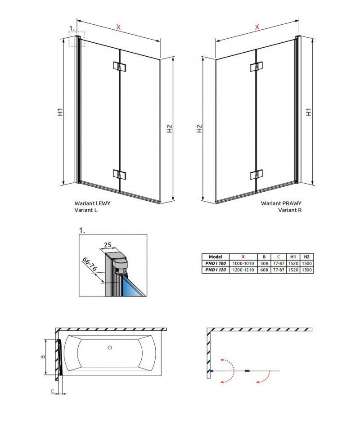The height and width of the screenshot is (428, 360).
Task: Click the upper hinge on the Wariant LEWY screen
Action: click(x=119, y=67)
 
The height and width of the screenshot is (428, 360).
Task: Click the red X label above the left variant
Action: click(x=118, y=27)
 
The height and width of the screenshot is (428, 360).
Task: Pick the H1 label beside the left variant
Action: click(x=60, y=112)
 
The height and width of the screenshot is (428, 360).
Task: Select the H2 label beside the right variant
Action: click(x=199, y=129)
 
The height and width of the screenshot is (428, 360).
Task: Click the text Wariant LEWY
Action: click(x=92, y=203)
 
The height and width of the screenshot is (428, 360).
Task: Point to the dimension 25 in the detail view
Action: click(x=107, y=245)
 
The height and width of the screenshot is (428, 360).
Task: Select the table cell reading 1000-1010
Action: click(x=243, y=263)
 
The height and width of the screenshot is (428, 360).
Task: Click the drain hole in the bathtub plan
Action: click(x=109, y=348)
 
